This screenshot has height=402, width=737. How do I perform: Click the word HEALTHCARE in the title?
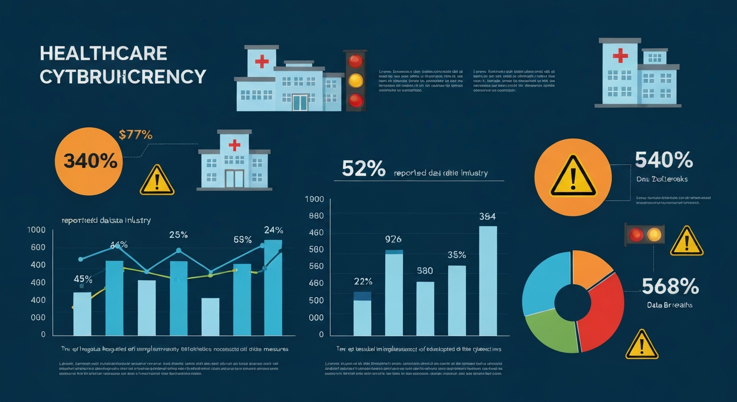pyautogui.click(x=104, y=53)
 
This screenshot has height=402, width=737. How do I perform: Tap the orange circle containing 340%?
pyautogui.click(x=89, y=162)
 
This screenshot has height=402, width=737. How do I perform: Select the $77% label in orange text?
pyautogui.click(x=136, y=135)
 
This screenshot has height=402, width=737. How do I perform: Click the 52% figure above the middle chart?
pyautogui.click(x=364, y=169)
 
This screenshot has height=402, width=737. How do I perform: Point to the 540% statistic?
pyautogui.click(x=664, y=160)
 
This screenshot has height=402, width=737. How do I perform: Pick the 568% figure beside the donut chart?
pyautogui.click(x=670, y=286)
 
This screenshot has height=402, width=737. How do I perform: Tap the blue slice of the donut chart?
pyautogui.click(x=542, y=283)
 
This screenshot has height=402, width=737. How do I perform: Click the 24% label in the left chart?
pyautogui.click(x=273, y=230)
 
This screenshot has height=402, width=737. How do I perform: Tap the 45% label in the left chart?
pyautogui.click(x=83, y=278)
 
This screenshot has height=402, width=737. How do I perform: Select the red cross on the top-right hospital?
pyautogui.click(x=620, y=54)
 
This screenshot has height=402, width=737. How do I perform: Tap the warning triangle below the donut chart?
pyautogui.click(x=642, y=345)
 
